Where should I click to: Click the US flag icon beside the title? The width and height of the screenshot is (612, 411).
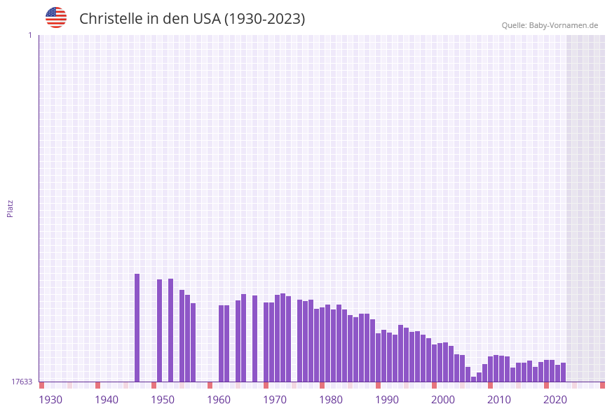(x=56, y=18)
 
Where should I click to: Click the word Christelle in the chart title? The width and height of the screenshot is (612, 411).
(x=111, y=19)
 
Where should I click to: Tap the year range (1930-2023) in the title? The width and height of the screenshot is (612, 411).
(x=264, y=19)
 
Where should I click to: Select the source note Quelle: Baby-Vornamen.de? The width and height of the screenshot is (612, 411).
(x=550, y=25)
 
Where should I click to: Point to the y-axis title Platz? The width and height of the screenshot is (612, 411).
(x=11, y=209)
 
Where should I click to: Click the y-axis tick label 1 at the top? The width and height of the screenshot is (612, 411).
(x=29, y=35)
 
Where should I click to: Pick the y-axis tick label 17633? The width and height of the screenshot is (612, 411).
(x=22, y=382)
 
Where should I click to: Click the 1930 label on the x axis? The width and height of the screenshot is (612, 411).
(x=50, y=400)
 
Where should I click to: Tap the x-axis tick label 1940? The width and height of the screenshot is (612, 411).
(x=107, y=400)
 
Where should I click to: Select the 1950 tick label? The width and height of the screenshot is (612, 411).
(x=163, y=400)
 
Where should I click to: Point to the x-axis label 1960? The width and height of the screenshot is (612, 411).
(x=219, y=400)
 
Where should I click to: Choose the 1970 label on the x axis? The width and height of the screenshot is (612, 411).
(x=275, y=400)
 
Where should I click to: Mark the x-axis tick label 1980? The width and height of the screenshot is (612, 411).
(x=331, y=400)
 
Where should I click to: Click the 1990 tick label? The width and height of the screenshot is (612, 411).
(x=387, y=400)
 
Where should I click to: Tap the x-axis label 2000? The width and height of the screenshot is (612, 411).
(x=443, y=400)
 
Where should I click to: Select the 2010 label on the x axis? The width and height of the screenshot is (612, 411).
(x=499, y=400)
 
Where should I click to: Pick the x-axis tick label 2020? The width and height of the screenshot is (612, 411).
(x=555, y=400)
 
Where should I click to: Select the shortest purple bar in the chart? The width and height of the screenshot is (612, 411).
(x=474, y=379)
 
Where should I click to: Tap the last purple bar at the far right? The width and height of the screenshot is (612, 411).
(x=564, y=372)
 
